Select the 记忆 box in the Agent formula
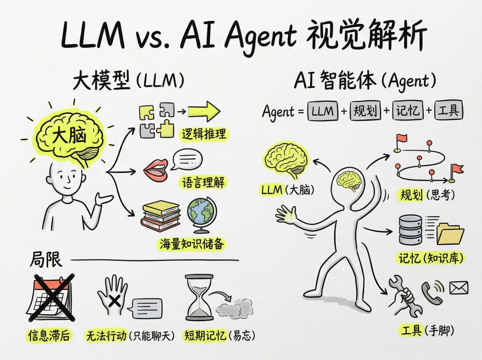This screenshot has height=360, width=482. [x=407, y=111]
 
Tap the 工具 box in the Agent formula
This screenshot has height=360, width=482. [x=449, y=111]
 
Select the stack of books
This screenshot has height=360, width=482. [x=160, y=217]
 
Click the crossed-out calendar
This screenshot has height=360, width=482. [x=50, y=297]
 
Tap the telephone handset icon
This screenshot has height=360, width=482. [x=432, y=293]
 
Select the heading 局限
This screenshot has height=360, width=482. [x=46, y=260]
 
